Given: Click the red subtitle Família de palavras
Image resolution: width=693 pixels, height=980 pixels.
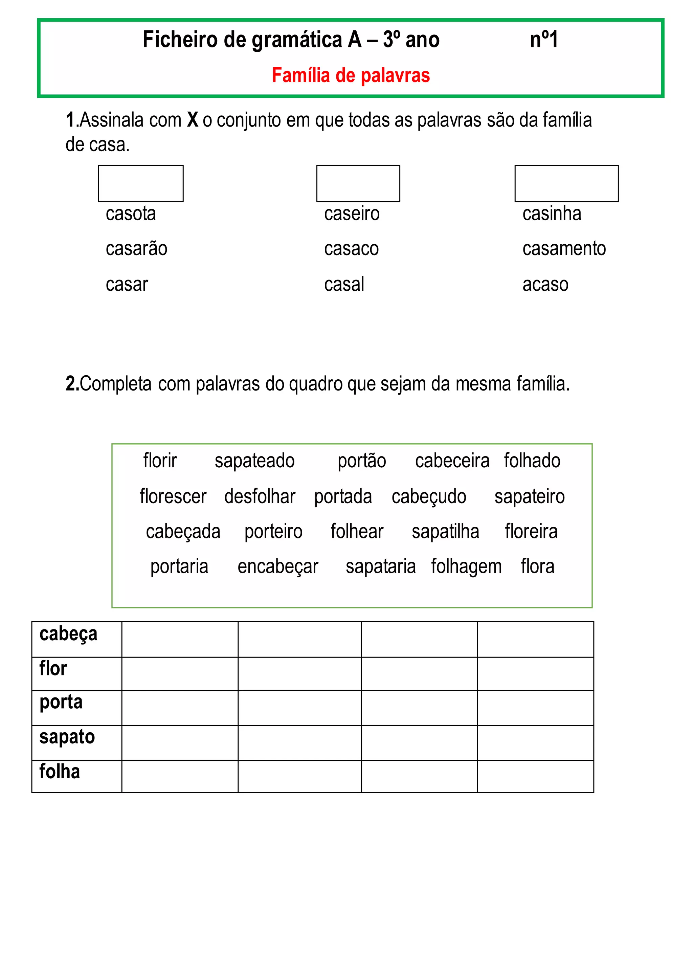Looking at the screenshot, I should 351,75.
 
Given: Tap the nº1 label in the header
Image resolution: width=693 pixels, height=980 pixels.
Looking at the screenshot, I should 544,40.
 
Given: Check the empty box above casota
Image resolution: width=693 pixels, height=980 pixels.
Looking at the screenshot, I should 140,183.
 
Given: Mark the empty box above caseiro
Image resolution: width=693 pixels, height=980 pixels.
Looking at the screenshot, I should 358,183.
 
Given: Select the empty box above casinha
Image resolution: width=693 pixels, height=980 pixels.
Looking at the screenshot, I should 566,183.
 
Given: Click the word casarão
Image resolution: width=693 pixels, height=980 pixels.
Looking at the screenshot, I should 137,249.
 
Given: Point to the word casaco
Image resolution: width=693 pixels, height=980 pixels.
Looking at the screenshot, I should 351,249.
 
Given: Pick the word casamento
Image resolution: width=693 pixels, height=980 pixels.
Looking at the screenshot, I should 564,249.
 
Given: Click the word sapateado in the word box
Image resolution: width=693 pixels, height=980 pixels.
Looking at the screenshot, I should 254,461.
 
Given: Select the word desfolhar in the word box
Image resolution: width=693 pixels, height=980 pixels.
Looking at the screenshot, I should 260,497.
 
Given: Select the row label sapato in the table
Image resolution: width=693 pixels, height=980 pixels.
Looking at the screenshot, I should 67,737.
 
